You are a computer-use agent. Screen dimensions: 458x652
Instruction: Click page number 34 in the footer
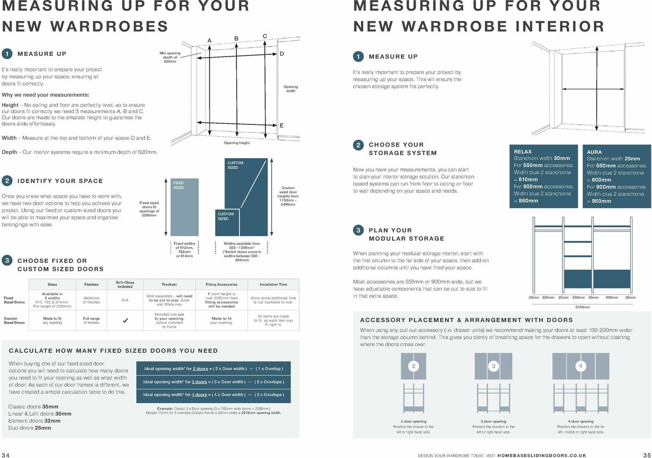7,454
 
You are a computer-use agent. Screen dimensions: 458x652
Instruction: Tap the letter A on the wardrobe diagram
209,39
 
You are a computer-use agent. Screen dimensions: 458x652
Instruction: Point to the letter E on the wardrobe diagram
281,126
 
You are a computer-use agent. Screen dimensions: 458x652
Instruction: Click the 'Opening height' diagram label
237,143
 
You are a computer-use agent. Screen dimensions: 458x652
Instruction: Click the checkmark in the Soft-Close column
125,321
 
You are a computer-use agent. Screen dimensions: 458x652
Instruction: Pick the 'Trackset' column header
169,284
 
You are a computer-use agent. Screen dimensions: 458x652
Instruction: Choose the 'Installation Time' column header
273,284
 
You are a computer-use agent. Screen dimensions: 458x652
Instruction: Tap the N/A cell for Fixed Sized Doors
125,300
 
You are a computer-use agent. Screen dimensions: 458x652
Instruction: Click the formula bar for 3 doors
213,381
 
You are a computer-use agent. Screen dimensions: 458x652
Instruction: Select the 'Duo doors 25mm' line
30,428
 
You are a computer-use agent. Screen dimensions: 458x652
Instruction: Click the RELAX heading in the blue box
523,152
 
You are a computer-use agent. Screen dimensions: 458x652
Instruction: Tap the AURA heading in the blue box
595,152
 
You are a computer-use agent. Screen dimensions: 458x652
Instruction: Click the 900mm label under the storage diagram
611,298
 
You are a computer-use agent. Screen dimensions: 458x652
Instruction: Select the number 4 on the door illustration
580,366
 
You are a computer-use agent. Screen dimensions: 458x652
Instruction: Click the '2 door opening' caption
413,421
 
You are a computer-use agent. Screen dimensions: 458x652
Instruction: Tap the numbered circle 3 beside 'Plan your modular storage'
358,230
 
